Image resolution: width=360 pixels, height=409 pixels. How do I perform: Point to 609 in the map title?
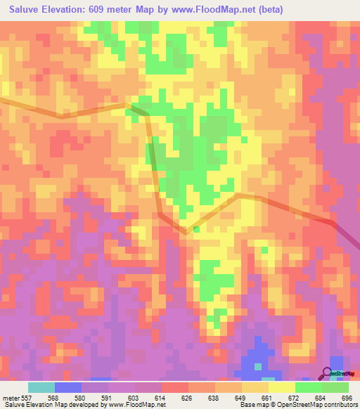[x=109, y=9]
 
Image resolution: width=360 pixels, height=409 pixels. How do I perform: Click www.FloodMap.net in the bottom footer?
[x=139, y=405]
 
